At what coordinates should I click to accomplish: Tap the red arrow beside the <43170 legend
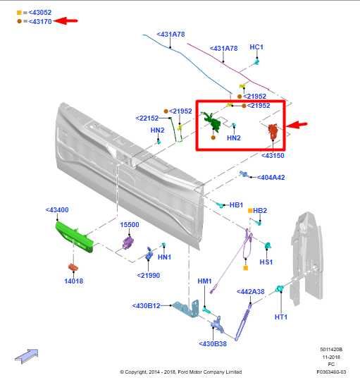coord(68,21)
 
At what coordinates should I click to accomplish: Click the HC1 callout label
coord(256,47)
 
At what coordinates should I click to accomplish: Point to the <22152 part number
coord(147,118)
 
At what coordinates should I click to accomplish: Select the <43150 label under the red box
coord(273,155)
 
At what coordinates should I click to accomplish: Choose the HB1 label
coord(236,205)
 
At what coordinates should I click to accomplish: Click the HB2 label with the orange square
coord(259,210)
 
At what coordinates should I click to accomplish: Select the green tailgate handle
coord(75,234)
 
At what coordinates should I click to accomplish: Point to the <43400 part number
coord(57,210)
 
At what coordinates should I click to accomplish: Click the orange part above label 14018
coord(73,267)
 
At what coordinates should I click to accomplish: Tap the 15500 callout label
coord(129,225)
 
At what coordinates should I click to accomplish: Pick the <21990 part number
coord(149,275)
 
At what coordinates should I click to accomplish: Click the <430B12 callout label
coord(147,306)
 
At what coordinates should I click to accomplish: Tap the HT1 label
coord(281,317)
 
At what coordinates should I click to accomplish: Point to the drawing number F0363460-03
coord(331,371)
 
